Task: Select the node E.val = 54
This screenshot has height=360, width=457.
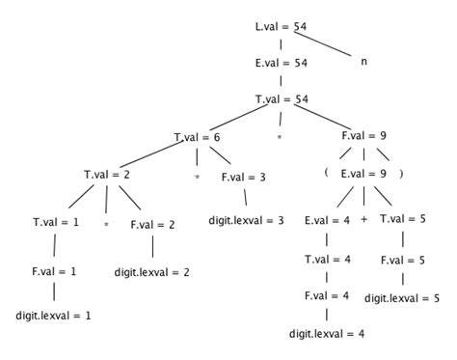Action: [x=280, y=61]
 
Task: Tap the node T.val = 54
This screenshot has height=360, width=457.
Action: [x=280, y=99]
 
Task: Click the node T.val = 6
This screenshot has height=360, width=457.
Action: [x=198, y=138]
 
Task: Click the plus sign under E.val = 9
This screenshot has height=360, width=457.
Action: [x=363, y=220]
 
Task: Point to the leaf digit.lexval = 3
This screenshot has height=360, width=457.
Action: [x=246, y=221]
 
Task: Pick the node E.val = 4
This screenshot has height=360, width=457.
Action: [x=327, y=222]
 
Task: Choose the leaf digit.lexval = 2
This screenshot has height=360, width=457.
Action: [x=152, y=272]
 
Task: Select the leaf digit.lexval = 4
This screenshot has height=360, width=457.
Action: [x=327, y=335]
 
